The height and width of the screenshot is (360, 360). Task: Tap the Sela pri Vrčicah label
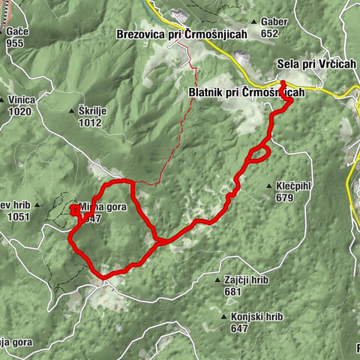[x=316, y=64]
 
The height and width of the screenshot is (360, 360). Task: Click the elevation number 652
[x=271, y=33]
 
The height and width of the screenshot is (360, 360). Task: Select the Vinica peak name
[x=24, y=99]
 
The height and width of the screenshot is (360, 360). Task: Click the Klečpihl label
[x=293, y=186]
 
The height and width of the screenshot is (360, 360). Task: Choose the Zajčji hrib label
[x=245, y=280]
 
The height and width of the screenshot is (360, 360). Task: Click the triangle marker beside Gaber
[x=256, y=22]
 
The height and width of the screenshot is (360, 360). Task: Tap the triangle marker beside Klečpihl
[x=268, y=186]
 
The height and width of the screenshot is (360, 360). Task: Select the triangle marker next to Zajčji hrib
[x=217, y=279]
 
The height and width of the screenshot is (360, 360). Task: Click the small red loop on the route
[x=258, y=154]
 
